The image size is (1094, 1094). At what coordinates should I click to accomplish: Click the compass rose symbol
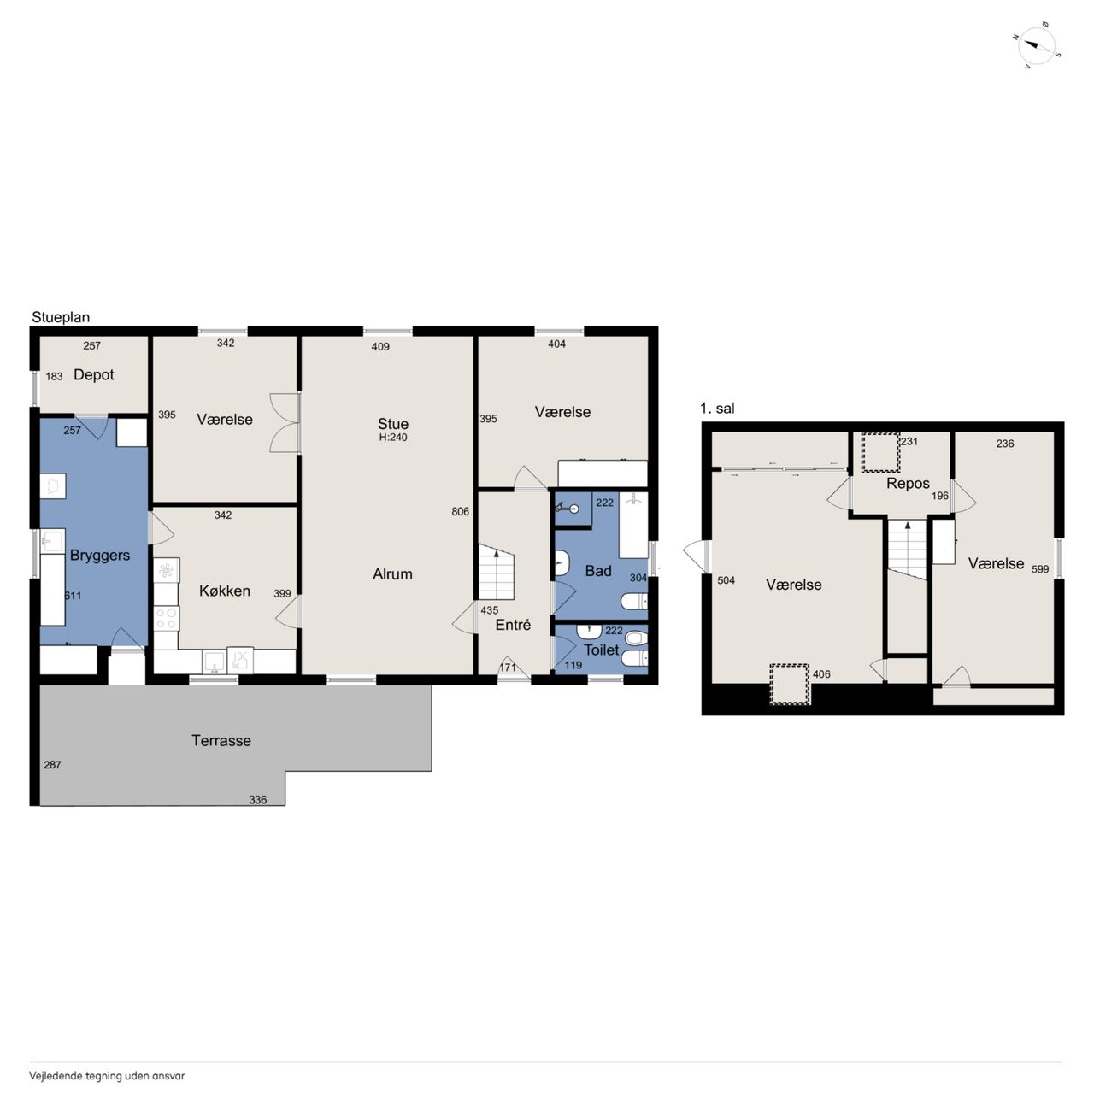(1037, 45)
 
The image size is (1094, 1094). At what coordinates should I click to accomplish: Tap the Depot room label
(94, 374)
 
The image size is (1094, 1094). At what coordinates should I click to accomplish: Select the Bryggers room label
(100, 556)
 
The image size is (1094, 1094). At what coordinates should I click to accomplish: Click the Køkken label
(225, 591)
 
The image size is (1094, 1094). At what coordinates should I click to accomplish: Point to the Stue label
(393, 424)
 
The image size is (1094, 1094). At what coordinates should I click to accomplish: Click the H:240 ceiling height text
(393, 437)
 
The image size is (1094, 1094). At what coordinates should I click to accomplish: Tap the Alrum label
(392, 574)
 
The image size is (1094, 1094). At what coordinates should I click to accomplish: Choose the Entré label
(513, 625)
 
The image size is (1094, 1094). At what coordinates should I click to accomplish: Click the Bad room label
(598, 571)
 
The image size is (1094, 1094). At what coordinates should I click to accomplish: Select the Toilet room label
(601, 650)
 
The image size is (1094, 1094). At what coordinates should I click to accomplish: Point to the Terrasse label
(221, 740)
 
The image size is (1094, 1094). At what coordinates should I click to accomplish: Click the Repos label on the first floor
(908, 484)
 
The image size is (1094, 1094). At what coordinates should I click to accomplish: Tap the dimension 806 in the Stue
(461, 511)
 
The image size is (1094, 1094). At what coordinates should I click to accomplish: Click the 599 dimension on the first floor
(1040, 569)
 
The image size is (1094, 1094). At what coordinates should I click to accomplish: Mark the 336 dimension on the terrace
(258, 799)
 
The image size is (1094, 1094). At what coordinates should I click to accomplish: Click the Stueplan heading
(61, 317)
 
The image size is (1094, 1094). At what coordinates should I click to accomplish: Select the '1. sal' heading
(718, 409)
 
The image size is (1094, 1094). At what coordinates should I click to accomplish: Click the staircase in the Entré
(497, 573)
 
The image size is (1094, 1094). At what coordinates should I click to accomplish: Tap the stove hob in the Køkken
(167, 618)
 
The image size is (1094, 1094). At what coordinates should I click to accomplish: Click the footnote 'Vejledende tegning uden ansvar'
(107, 1076)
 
